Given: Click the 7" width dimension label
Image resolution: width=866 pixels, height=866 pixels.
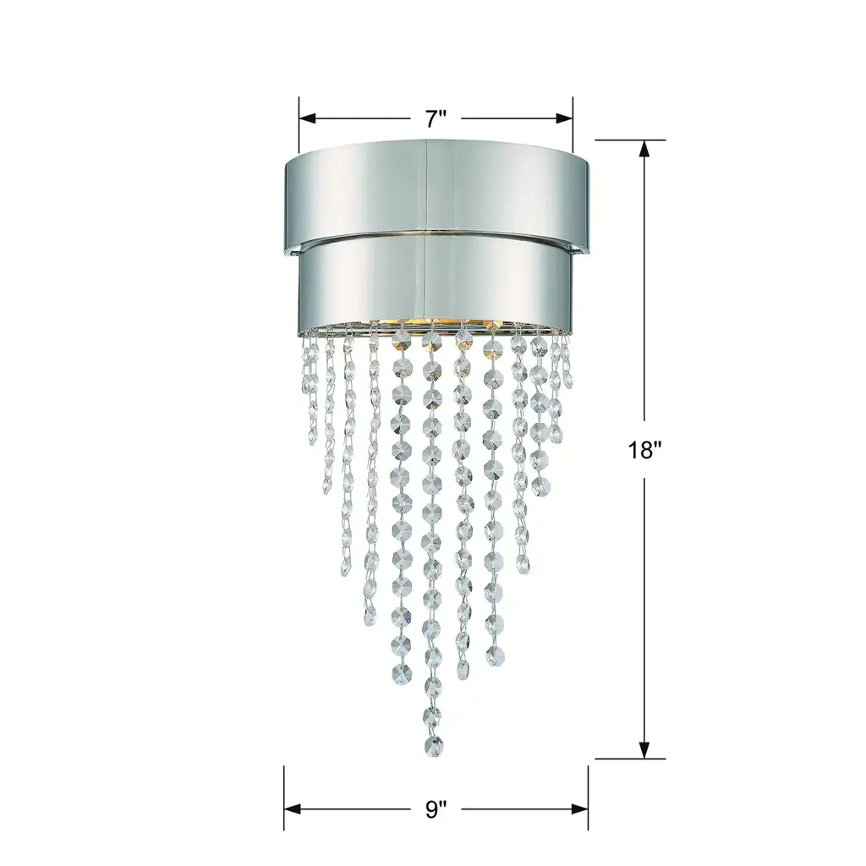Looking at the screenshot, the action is (436, 118).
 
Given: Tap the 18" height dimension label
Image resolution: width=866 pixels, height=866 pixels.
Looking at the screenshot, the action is (644, 451).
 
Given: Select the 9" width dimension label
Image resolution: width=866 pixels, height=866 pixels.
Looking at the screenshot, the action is (436, 809).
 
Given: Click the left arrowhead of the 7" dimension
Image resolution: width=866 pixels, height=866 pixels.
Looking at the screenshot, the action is (307, 118).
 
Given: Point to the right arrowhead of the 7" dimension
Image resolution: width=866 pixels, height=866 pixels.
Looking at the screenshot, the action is (564, 118).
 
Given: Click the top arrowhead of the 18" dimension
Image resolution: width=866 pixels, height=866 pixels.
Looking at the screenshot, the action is (644, 149).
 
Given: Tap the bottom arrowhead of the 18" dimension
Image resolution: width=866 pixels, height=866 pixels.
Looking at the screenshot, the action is (644, 749).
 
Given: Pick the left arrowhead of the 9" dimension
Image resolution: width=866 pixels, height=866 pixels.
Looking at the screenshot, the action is (292, 809).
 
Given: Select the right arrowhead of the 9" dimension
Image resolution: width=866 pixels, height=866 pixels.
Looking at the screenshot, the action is (580, 809).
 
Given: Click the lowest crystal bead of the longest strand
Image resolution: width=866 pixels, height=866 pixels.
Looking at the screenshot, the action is (434, 747).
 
